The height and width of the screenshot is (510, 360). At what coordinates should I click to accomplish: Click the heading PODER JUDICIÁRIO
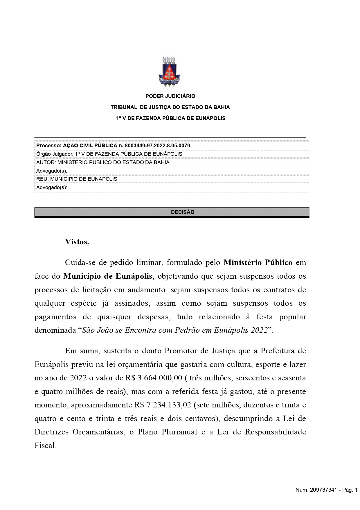click(x=170, y=96)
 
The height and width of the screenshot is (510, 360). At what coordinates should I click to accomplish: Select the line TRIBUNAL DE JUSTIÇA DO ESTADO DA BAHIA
click(x=170, y=107)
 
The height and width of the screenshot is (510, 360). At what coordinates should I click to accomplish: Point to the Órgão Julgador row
click(x=109, y=154)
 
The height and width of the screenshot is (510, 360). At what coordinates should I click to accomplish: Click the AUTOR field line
click(x=103, y=162)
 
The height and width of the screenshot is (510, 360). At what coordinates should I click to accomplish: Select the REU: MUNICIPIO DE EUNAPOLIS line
click(x=77, y=179)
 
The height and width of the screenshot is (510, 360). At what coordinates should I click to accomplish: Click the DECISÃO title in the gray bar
click(x=183, y=212)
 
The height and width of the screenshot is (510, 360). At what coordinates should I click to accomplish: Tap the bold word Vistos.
click(x=77, y=242)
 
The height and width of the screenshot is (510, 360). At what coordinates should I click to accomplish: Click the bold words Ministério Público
click(x=258, y=262)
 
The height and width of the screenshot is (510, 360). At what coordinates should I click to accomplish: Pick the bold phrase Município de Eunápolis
click(x=108, y=276)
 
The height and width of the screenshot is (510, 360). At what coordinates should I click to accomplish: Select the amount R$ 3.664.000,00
click(x=154, y=378)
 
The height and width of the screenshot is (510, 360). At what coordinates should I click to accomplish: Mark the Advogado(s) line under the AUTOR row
click(x=52, y=171)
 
